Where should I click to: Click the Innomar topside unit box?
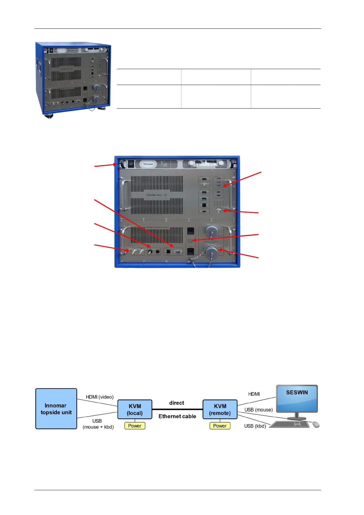(56, 409)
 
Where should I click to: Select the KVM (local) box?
(135, 409)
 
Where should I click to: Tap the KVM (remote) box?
(220, 409)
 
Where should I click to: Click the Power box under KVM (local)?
(135, 426)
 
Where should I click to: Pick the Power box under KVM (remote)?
(220, 426)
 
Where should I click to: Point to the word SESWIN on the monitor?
(297, 392)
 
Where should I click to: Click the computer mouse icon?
(316, 424)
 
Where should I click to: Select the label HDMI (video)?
(99, 397)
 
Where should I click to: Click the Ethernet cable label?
(177, 416)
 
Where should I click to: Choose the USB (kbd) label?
(255, 426)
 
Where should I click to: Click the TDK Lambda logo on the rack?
(148, 164)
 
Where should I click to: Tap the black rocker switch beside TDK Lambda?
(131, 164)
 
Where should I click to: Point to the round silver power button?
(218, 211)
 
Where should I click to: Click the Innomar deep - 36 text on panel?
(156, 195)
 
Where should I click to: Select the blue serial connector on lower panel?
(178, 252)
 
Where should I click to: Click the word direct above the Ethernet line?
(177, 403)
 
